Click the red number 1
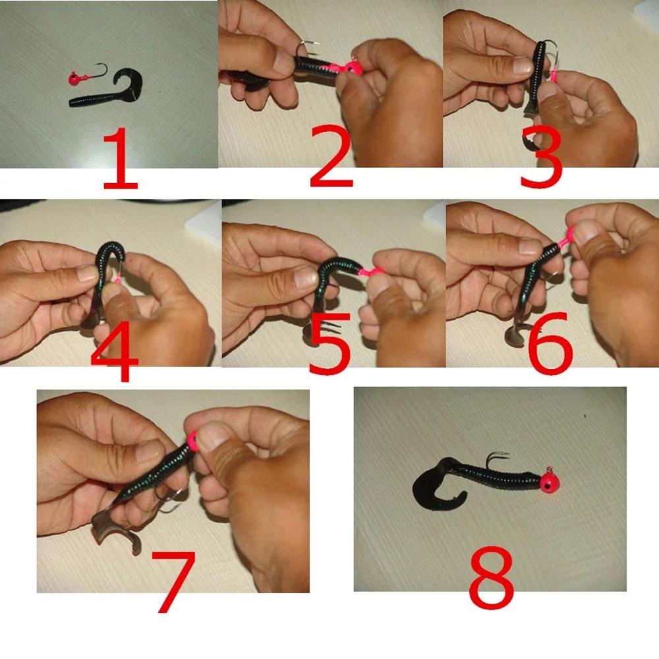pyautogui.click(x=121, y=158)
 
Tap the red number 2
pyautogui.click(x=331, y=156)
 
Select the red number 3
pyautogui.click(x=541, y=158)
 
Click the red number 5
pyautogui.click(x=329, y=343)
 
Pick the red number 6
pyautogui.click(x=550, y=343)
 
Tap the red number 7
pyautogui.click(x=173, y=582)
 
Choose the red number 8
pyautogui.click(x=492, y=578)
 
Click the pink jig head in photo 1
pyautogui.click(x=75, y=78)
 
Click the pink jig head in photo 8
pyautogui.click(x=548, y=482)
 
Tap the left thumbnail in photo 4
pyautogui.click(x=88, y=273)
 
